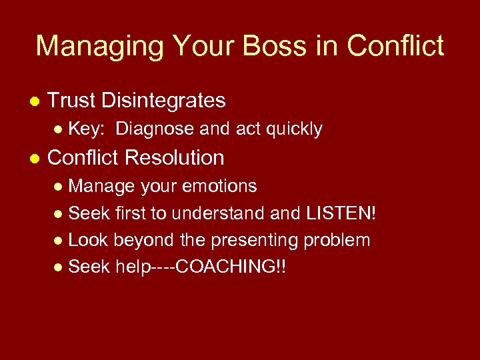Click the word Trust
[x=72, y=101]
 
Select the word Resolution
[x=174, y=158]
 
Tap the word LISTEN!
[x=341, y=213]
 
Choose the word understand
[x=225, y=213]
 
